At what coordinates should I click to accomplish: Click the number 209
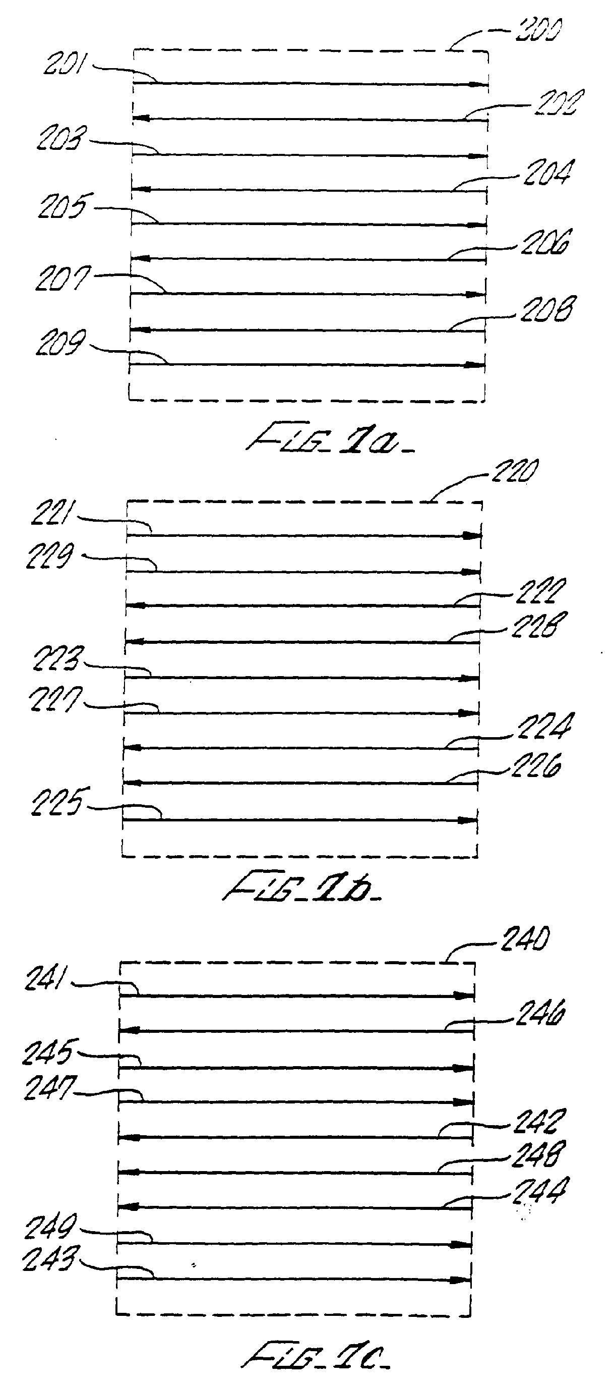(60, 344)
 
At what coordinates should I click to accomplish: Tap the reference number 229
(49, 556)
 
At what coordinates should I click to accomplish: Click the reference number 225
(57, 803)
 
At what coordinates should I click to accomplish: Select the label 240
(525, 939)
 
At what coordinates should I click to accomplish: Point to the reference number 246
(540, 1015)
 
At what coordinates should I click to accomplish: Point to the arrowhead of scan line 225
(465, 820)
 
